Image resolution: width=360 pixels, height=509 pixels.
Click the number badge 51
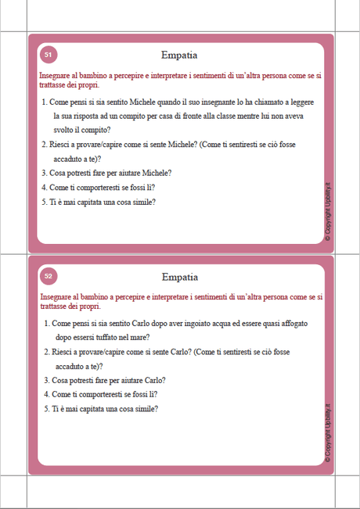(48, 55)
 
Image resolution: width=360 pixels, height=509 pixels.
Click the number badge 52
(48, 276)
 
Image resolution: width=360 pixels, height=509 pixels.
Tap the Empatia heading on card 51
(179, 56)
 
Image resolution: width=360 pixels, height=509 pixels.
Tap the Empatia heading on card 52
(179, 277)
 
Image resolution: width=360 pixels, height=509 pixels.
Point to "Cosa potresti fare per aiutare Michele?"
(110, 173)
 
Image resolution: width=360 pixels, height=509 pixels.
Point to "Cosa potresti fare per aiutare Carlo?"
(108, 380)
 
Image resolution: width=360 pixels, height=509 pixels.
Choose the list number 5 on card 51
(44, 202)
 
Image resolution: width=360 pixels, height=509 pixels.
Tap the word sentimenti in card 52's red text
(208, 297)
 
